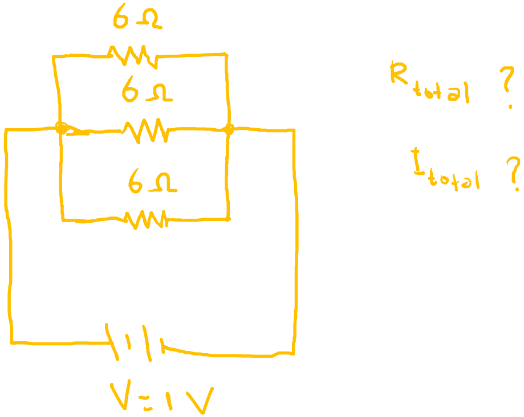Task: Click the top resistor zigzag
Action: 131,56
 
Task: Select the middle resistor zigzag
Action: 145,130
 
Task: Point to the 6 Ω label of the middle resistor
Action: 146,92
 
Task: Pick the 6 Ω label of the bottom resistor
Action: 152,183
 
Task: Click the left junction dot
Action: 62,128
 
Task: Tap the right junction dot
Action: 229,130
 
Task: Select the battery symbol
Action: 134,342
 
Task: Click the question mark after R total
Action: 505,90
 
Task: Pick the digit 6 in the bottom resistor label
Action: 136,184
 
